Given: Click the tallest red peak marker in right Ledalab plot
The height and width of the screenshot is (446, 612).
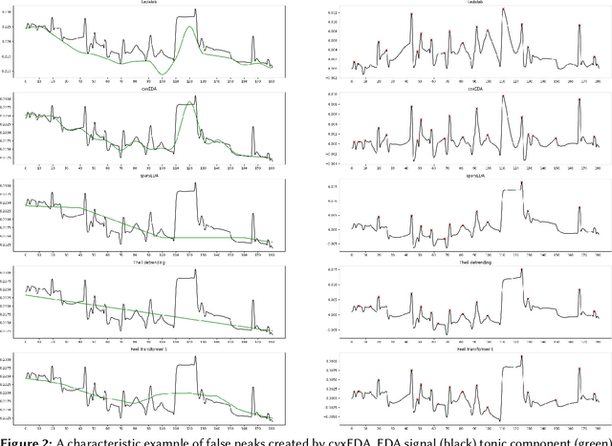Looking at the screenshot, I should [503, 10].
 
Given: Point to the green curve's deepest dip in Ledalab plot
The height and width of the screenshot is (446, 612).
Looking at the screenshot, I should [164, 74].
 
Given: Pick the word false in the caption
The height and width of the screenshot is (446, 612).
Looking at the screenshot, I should [224, 438].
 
